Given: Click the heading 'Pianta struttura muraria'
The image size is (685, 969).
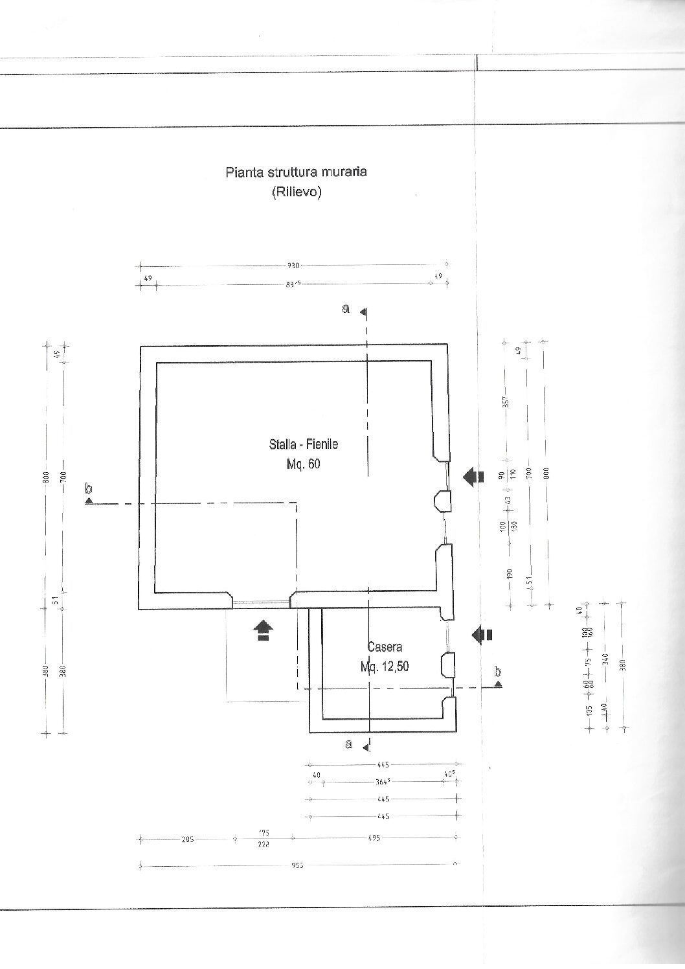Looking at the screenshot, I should [x=297, y=172].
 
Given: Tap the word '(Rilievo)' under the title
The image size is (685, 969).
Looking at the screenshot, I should [x=297, y=192].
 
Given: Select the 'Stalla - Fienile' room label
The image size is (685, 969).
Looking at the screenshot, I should [x=304, y=445].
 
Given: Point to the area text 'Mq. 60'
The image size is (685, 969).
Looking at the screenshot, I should [x=303, y=464].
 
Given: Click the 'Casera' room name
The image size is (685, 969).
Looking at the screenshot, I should [x=385, y=646].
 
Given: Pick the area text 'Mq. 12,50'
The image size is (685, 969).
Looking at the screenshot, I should [x=385, y=666].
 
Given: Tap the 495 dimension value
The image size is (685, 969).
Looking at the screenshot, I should [x=374, y=838].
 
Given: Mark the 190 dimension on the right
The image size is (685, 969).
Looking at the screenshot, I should [x=510, y=574].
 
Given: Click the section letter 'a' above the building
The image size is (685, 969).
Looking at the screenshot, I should [x=346, y=310].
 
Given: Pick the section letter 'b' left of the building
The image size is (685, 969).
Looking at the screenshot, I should [x=89, y=488].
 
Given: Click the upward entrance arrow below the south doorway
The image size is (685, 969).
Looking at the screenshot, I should [x=263, y=630].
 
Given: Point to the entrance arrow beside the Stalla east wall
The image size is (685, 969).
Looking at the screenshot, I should [x=474, y=477].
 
